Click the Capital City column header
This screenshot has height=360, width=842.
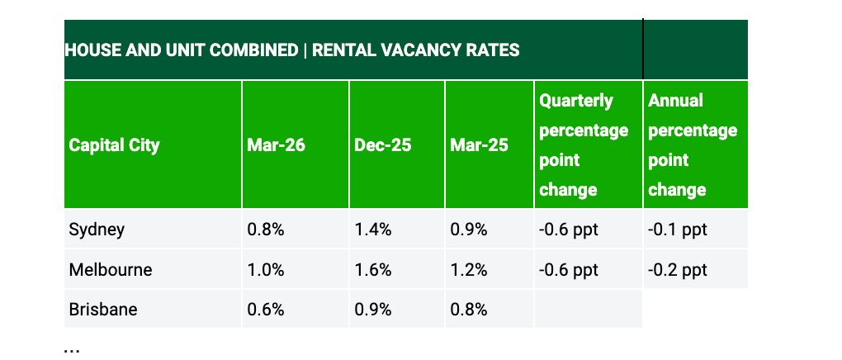pos(114,145)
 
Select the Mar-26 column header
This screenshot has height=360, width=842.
pos(276,145)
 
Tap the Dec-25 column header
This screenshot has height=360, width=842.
pos(383,145)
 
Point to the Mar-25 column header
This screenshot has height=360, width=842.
pos(479,145)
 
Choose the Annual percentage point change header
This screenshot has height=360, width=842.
pos(692,145)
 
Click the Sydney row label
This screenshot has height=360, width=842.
pos(97,230)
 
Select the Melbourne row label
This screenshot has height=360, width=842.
pos(111,270)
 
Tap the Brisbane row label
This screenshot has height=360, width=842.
pos(103,310)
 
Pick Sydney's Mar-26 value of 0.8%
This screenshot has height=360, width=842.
pos(265,230)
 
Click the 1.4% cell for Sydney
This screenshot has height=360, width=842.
pos(372,230)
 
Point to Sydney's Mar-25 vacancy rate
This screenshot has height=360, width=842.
pos(468,230)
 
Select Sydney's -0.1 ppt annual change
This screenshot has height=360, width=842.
pos(678,230)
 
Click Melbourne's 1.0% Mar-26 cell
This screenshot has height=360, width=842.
pos(265,270)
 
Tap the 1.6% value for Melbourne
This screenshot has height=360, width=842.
pos(372,270)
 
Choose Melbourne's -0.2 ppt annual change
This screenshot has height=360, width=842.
pos(678,270)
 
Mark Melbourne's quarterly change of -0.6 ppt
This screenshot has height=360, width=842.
pos(569,270)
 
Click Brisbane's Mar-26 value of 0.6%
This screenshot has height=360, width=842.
pos(265,310)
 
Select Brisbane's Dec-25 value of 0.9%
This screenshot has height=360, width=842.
pos(372,310)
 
